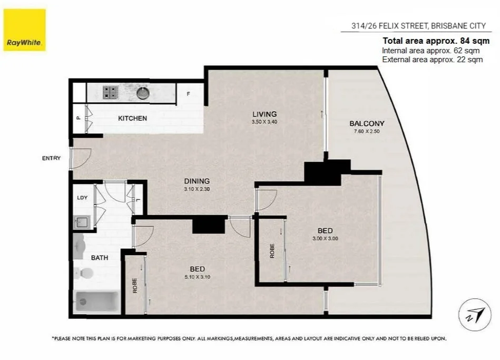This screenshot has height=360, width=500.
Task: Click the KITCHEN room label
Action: coord(132,118)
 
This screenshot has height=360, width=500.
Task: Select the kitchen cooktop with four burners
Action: coord(110,93)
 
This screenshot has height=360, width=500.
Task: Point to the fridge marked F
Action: coord(188,94)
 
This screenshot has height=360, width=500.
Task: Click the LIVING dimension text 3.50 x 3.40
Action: coord(264,122)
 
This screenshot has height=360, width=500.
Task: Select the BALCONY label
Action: coord(367,123)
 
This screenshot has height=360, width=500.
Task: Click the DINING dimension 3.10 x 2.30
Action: coord(197,189)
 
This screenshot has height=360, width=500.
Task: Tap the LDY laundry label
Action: coord(82,198)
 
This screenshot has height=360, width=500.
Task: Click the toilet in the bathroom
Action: coord(84,273)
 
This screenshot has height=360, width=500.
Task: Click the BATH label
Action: coord(100,258)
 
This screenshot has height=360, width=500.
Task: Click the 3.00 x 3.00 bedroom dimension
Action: coord(325,238)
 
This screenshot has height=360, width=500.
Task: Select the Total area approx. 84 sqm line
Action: coord(436,41)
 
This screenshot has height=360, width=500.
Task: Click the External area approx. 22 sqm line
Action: coord(432,60)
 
